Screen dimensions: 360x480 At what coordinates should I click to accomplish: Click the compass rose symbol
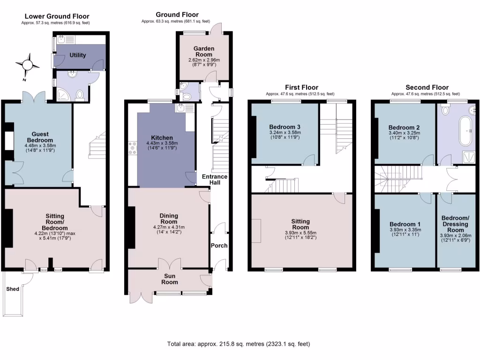click(28, 65)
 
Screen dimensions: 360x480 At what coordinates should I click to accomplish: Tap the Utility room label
click(78, 55)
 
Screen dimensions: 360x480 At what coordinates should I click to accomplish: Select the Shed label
click(13, 289)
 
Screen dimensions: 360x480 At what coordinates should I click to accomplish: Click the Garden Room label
click(204, 52)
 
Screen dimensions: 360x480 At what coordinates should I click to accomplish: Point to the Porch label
click(219, 246)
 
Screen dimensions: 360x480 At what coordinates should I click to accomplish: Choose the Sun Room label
click(170, 279)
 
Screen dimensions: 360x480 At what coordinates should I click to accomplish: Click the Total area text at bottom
click(239, 344)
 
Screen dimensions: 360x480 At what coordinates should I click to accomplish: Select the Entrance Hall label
click(215, 180)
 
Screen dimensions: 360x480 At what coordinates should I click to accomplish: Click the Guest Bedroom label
click(40, 137)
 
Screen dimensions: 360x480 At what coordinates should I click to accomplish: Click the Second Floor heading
click(427, 88)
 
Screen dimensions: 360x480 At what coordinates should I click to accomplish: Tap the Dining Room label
click(168, 218)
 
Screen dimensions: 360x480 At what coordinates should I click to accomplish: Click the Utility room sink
click(64, 39)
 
